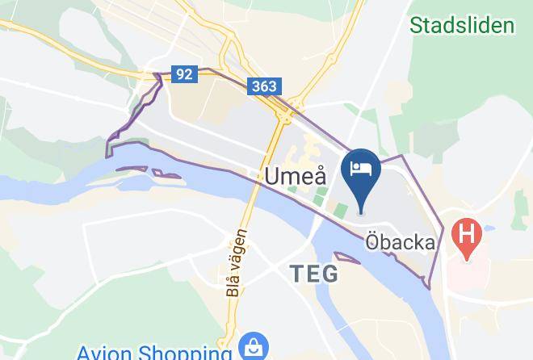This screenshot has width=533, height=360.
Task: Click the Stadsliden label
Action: click(x=462, y=25)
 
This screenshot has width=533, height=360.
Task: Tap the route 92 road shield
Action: click(x=184, y=74)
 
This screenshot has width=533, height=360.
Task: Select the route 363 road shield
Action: click(x=263, y=86)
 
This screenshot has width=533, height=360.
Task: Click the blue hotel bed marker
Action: click(x=360, y=172)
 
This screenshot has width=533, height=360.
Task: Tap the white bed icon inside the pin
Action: click(x=360, y=168)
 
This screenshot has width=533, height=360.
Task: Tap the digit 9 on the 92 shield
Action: click(x=180, y=74)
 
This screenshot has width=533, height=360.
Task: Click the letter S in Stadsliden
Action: click(x=416, y=25)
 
